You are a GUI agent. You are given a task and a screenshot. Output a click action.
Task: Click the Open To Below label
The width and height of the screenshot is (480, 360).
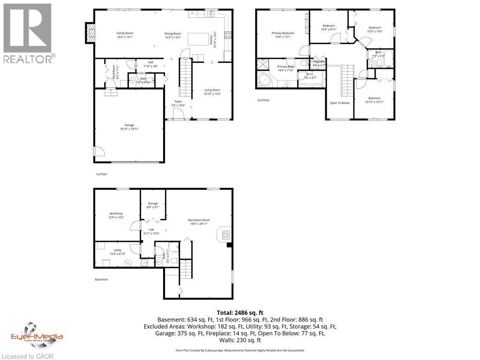tap(340, 103)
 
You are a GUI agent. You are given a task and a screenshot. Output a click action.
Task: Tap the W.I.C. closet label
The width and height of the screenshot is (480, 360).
tap(310, 76)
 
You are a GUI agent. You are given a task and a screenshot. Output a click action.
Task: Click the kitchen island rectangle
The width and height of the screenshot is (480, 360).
tap(197, 39)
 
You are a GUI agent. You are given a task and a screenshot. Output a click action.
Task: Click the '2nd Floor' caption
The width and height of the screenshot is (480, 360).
tap(263, 100)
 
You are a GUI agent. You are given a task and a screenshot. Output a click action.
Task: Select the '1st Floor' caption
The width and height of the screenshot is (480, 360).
tap(101, 174)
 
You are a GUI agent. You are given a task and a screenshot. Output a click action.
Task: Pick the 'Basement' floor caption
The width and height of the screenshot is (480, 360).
tap(101, 279)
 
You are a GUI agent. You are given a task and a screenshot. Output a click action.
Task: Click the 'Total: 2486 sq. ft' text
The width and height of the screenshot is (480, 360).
tap(240, 312)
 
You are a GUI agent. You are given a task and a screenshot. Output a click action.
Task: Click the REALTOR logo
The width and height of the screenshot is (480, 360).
tap(28, 33)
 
